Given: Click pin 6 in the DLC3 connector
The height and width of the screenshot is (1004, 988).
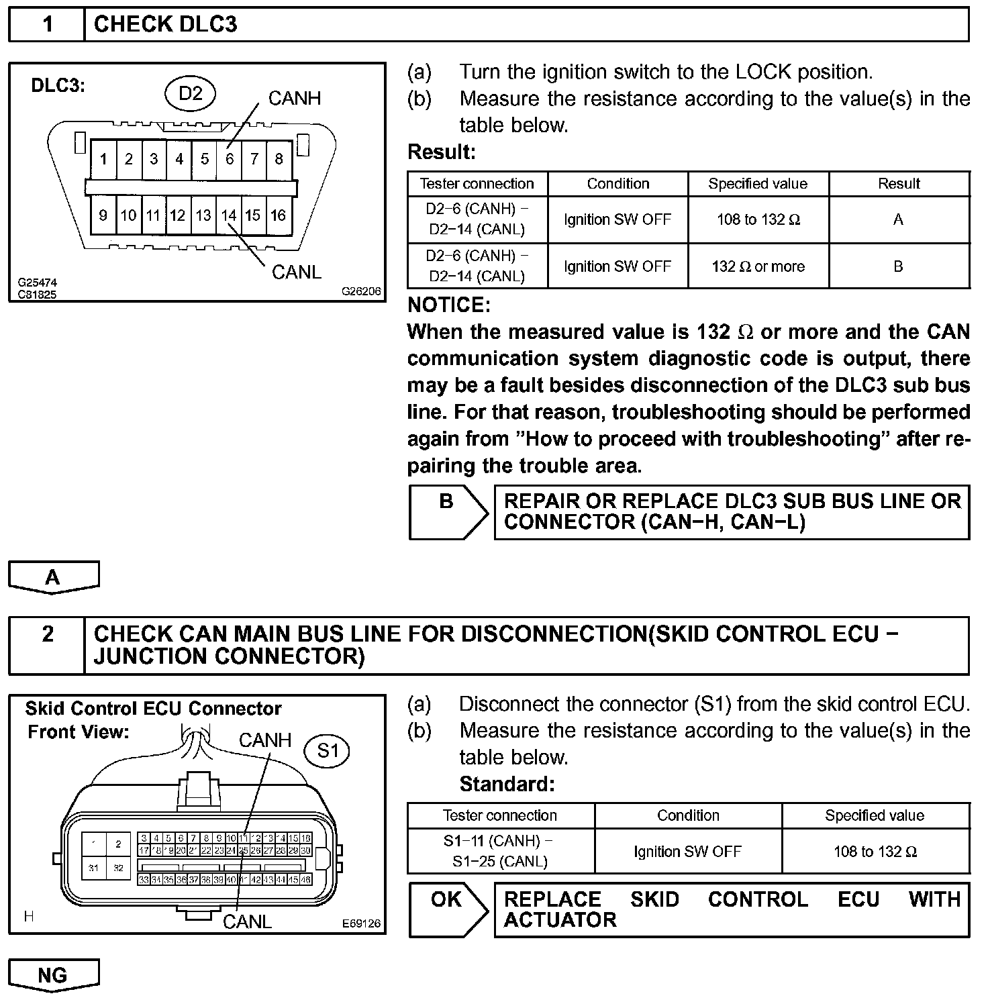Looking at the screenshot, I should pyautogui.click(x=230, y=159).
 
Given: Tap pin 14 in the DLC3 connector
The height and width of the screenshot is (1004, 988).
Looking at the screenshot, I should pyautogui.click(x=229, y=215).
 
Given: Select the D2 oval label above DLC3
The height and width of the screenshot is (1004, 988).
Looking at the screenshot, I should pyautogui.click(x=191, y=93).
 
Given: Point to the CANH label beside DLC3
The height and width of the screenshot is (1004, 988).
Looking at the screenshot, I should pyautogui.click(x=295, y=99).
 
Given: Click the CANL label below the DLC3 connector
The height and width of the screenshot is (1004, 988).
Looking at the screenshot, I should pyautogui.click(x=297, y=272).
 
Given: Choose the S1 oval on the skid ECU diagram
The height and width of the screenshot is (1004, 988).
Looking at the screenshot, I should pyautogui.click(x=328, y=750).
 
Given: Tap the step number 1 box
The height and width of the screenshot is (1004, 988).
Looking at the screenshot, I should pyautogui.click(x=47, y=25).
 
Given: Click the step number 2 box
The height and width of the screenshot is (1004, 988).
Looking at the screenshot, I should pyautogui.click(x=47, y=634).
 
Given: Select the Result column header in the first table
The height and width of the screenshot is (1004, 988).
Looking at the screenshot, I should pyautogui.click(x=899, y=184).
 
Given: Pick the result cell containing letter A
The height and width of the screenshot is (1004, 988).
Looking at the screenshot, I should pyautogui.click(x=898, y=219).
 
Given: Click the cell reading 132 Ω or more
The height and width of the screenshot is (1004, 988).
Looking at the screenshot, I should pyautogui.click(x=758, y=266).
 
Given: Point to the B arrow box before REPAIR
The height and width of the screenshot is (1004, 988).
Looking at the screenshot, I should pyautogui.click(x=447, y=512).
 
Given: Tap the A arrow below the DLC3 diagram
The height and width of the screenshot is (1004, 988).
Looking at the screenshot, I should pyautogui.click(x=53, y=577).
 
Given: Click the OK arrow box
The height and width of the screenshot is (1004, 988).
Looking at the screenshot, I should pyautogui.click(x=447, y=909).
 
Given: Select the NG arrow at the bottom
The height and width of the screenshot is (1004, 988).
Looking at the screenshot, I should pyautogui.click(x=53, y=974).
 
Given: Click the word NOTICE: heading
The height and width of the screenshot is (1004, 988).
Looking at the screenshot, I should pyautogui.click(x=449, y=305).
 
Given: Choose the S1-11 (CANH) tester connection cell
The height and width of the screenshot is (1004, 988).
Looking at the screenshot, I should pyautogui.click(x=500, y=851).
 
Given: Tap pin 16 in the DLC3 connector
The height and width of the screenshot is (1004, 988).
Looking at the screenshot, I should pyautogui.click(x=279, y=215).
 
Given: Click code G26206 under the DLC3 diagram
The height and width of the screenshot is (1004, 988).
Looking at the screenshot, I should pyautogui.click(x=361, y=292).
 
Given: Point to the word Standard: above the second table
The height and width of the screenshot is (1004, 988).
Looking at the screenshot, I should pyautogui.click(x=507, y=784).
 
